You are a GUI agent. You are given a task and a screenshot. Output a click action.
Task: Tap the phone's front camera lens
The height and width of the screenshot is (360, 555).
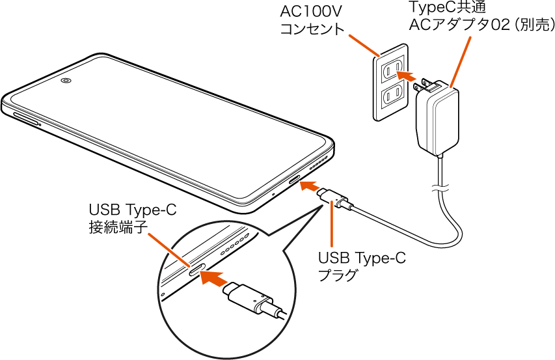(66, 81)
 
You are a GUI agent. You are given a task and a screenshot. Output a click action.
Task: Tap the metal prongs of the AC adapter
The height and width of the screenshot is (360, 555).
(427, 84)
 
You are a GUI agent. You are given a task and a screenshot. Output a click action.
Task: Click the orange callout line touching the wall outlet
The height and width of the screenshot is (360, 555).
(364, 45)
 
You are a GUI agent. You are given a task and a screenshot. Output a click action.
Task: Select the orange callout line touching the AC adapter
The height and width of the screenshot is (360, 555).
(460, 62)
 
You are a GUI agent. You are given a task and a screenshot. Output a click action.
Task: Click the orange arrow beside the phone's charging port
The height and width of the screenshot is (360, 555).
(312, 186)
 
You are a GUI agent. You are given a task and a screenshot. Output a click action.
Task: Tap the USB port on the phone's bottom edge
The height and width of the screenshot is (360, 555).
(294, 180)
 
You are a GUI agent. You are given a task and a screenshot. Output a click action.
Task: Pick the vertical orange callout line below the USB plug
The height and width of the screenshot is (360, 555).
(332, 225)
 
